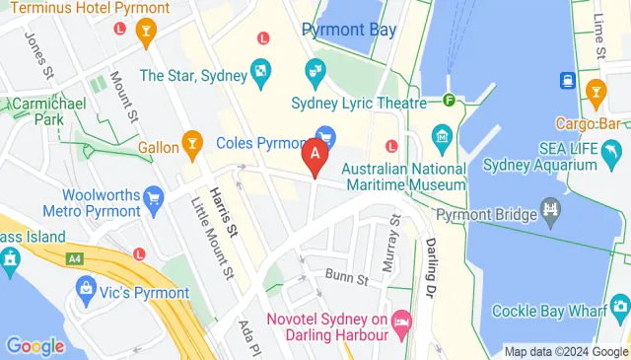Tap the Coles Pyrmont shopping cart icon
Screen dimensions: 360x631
coord(324,135)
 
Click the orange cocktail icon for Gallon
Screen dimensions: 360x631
coord(192,146)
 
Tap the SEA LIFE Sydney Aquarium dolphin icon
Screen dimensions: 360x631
coord(614,150)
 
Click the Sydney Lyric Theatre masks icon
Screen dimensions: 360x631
coord(315,71)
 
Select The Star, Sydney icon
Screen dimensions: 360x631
coord(260,70)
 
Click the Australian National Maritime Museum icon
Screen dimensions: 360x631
coord(441,135)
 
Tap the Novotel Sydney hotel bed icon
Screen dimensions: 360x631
coord(401,321)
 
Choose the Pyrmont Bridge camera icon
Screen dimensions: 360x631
coord(550,210)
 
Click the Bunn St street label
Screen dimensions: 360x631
coord(348,280)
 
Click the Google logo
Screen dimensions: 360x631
coord(35,346)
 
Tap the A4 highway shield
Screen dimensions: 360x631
coord(74,258)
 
